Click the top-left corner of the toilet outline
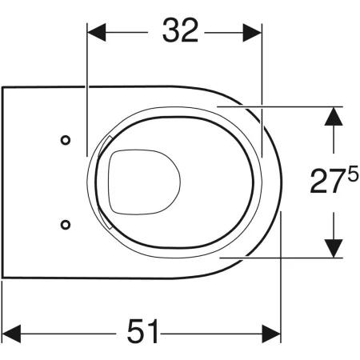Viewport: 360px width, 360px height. point(3,86)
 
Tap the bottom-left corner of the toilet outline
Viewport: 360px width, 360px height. point(3,277)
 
